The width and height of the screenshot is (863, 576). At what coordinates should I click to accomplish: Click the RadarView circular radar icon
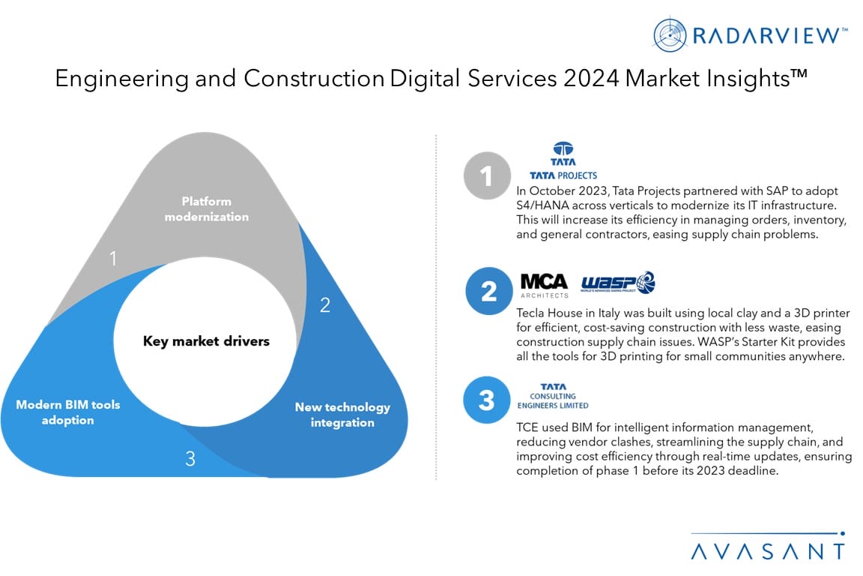[x=670, y=34]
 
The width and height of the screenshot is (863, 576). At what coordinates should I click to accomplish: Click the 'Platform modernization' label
[x=207, y=209]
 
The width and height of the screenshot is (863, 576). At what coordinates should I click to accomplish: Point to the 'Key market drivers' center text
[x=207, y=341]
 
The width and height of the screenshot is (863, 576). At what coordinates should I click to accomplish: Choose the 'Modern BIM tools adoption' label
[x=67, y=412]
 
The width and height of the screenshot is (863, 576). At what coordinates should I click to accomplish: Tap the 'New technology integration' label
[x=342, y=415]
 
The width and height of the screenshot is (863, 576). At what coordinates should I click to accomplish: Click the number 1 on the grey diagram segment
[x=113, y=258]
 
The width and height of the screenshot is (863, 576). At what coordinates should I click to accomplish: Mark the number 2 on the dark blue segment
[x=325, y=304]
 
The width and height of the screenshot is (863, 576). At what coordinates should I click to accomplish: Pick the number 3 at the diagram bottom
[x=190, y=458]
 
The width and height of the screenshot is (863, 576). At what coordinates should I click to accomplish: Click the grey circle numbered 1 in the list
[x=487, y=175]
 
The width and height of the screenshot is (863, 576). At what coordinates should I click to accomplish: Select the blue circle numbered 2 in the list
[x=488, y=291]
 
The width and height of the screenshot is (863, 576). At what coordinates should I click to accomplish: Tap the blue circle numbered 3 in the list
[x=487, y=400]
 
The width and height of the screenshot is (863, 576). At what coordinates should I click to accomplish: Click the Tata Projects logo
[x=563, y=161]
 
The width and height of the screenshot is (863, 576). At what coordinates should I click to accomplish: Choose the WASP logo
[x=618, y=282]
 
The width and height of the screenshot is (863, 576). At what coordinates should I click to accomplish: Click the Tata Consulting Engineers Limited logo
[x=553, y=396]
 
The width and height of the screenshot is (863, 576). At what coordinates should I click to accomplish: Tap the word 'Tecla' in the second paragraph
[x=530, y=313]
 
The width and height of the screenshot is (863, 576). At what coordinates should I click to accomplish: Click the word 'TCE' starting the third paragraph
[x=527, y=427]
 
